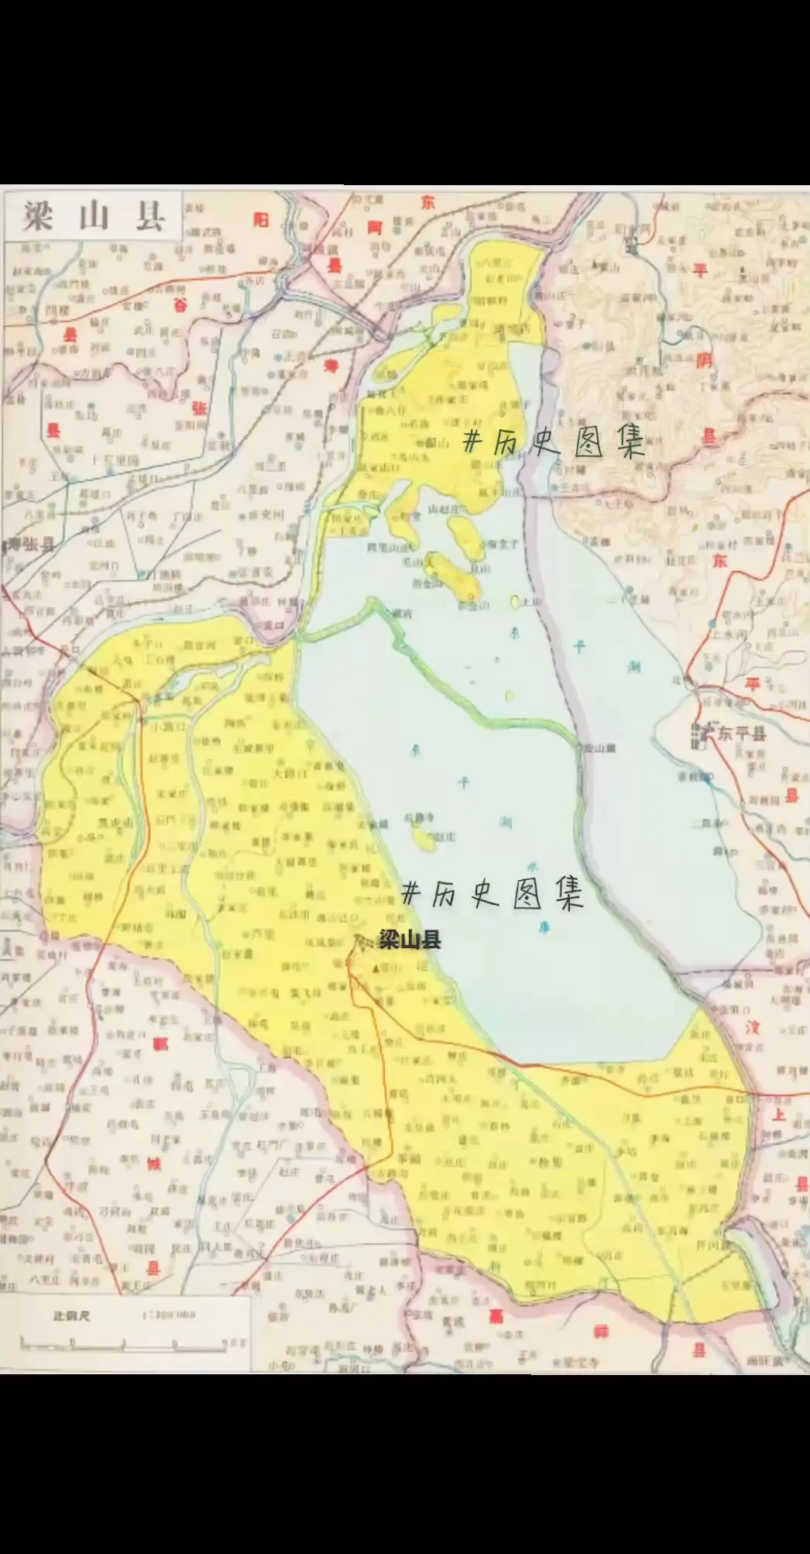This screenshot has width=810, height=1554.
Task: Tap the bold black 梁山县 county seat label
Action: click(410, 940)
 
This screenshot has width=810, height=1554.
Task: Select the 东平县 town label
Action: click(741, 733)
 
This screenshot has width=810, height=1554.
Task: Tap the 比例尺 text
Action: click(72, 1315)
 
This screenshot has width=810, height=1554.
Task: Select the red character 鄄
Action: click(160, 1043)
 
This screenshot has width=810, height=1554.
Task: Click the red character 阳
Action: click(261, 220)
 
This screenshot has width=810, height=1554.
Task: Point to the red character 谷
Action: click(180, 304)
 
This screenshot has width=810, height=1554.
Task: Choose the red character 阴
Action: click(704, 359)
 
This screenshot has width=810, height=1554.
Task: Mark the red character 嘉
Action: click(494, 1316)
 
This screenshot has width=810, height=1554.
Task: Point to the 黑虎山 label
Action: click(114, 822)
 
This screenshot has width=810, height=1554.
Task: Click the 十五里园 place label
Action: click(115, 459)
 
